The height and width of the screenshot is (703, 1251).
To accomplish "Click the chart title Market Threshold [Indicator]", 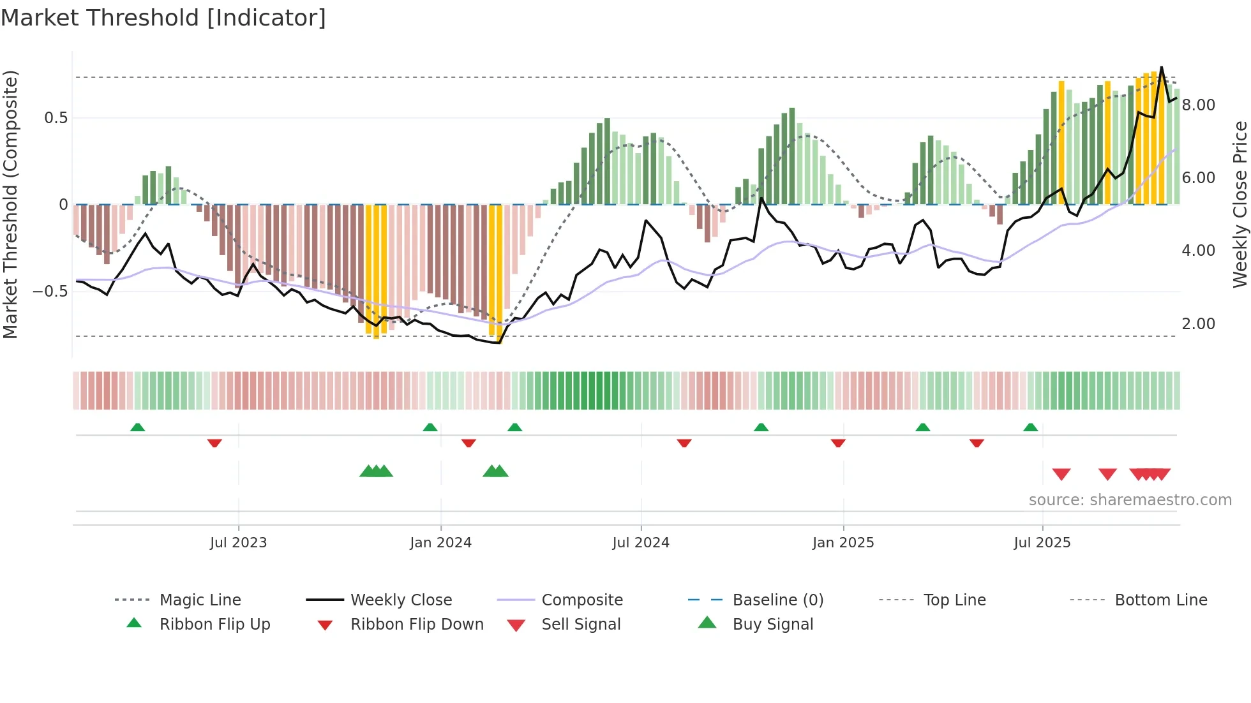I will (163, 18).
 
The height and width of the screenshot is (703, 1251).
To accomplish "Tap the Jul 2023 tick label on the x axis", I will (238, 543).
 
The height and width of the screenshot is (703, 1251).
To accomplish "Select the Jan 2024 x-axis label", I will (440, 543).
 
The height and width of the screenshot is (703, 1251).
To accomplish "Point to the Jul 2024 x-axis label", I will (641, 543).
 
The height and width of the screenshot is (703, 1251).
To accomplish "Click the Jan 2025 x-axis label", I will (843, 543).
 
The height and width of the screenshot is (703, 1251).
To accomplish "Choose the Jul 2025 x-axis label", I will (1042, 543).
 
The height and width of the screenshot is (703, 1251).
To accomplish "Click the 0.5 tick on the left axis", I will (56, 118).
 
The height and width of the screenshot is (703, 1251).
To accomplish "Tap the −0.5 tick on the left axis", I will (50, 292).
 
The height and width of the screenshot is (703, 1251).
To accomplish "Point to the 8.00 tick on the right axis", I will (1198, 105).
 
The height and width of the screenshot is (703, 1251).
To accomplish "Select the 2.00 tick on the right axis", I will (1198, 324).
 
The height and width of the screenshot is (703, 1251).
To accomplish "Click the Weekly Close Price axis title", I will (1240, 204).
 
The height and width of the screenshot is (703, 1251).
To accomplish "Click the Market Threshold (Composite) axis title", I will (10, 204).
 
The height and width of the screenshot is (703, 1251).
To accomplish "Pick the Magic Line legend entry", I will (200, 600).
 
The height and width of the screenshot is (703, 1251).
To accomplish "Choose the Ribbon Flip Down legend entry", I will (417, 625).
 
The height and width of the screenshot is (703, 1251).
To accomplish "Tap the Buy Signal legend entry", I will (772, 625).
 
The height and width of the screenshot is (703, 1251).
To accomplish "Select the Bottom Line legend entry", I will (1160, 600).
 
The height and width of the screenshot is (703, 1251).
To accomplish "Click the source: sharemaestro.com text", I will (1130, 500).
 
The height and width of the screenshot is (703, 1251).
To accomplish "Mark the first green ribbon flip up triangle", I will (137, 427).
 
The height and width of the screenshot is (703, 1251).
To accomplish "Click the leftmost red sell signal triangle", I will (1061, 474).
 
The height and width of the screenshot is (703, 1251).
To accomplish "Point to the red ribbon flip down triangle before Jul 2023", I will (214, 443).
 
